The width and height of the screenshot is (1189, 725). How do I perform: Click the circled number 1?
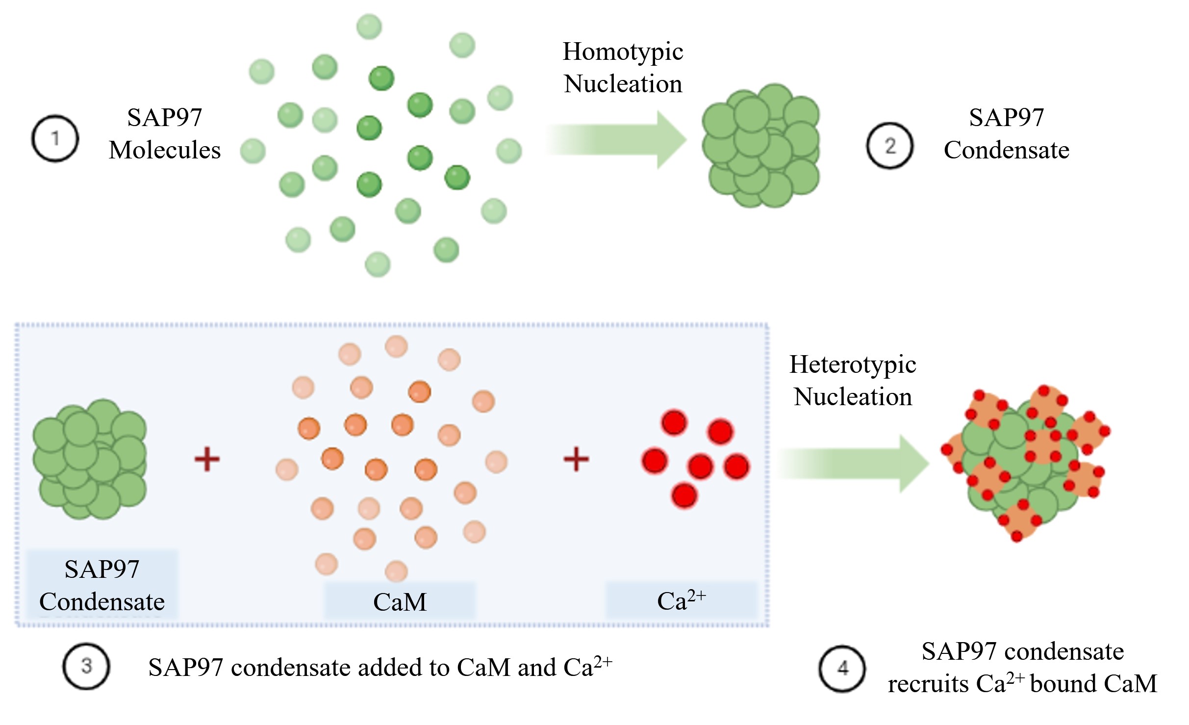point(55,138)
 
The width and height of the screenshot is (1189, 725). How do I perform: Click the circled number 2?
point(889,146)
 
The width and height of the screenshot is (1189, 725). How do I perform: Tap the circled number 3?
point(86,666)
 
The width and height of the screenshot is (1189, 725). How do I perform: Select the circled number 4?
point(842,668)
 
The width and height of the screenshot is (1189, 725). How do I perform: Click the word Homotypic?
point(623,52)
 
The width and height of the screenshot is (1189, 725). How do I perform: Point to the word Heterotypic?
point(852,365)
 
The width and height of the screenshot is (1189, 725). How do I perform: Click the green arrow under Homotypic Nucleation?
point(618,140)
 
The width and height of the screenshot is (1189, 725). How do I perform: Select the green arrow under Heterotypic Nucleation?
point(853,464)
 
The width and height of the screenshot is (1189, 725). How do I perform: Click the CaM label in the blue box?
point(400,602)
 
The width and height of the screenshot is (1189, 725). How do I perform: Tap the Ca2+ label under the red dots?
point(681,600)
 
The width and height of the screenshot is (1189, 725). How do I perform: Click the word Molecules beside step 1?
point(165,150)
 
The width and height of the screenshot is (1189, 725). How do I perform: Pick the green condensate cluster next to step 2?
point(760,146)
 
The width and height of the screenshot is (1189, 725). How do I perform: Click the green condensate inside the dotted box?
point(90,459)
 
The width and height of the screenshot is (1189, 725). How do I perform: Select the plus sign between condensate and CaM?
point(207,460)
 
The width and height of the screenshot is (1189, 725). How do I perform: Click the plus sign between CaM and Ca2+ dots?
point(576,460)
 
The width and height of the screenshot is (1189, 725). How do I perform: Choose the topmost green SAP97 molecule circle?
point(369,26)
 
